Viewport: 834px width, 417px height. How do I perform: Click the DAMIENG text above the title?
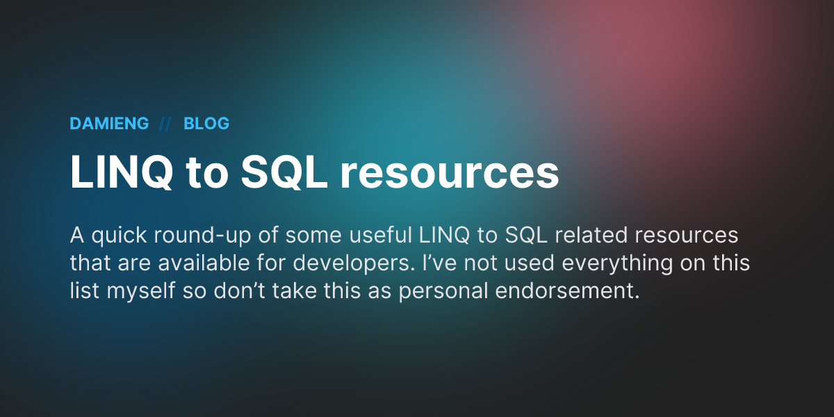pos(109,124)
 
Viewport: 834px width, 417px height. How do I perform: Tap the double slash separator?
pos(165,124)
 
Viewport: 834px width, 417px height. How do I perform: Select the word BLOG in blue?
pos(206,124)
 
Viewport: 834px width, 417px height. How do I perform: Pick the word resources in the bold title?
pos(449,174)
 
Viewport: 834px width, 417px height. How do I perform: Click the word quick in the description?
pos(115,236)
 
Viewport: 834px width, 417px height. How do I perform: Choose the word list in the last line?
pos(84,291)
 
